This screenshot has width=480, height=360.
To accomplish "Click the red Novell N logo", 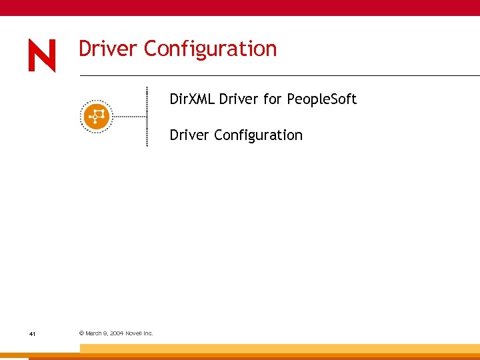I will pyautogui.click(x=42, y=55).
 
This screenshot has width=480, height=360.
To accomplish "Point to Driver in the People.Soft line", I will pyautogui.click(x=239, y=99).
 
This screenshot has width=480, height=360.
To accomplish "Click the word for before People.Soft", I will pyautogui.click(x=273, y=99).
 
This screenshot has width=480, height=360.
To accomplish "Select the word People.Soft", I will pyautogui.click(x=322, y=100).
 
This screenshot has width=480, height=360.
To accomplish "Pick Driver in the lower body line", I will pyautogui.click(x=189, y=135).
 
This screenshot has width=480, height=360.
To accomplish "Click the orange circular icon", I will pyautogui.click(x=96, y=116).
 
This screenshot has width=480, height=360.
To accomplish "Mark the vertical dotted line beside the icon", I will pyautogui.click(x=147, y=116).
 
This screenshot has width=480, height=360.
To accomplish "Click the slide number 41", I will pyautogui.click(x=32, y=333).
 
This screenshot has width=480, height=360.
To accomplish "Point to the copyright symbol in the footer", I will pyautogui.click(x=81, y=333).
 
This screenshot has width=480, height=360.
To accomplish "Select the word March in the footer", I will pyautogui.click(x=94, y=333).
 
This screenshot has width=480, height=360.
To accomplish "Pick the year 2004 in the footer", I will pyautogui.click(x=117, y=333).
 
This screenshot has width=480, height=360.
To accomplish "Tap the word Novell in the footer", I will pyautogui.click(x=135, y=333).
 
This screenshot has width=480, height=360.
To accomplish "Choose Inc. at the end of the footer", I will pyautogui.click(x=149, y=333).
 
